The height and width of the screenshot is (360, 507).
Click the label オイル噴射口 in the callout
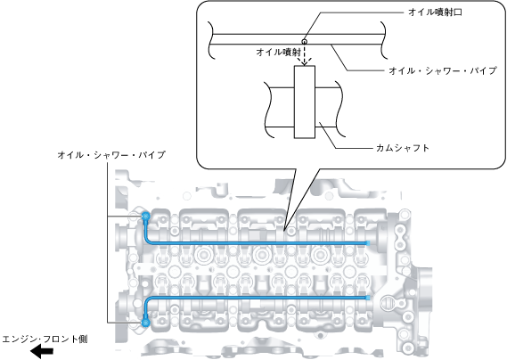(435, 12)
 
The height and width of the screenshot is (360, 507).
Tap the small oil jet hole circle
(304, 41)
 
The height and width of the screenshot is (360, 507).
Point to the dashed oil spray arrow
(304, 54)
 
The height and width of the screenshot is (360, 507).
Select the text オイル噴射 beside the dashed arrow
(278, 52)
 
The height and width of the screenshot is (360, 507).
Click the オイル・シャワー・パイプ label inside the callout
(443, 70)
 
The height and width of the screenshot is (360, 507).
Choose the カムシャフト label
(403, 148)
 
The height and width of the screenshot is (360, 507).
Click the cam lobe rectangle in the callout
(304, 102)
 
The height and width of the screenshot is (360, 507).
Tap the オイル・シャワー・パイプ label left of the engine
(111, 155)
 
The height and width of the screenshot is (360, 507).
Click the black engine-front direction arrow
(42, 351)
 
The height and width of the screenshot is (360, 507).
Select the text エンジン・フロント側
(45, 340)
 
